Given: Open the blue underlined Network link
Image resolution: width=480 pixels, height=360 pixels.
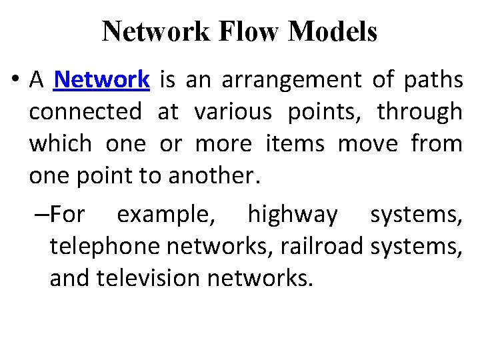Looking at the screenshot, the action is [102, 80].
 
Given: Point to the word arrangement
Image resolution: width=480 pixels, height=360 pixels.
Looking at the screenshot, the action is [291, 80].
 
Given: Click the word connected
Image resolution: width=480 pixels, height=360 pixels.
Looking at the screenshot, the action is [85, 112].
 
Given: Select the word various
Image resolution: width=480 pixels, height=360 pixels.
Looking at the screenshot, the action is [233, 112].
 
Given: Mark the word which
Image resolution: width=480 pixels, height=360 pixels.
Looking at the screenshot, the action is [59, 144].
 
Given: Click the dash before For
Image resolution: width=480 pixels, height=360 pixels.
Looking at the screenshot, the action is [39, 215].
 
